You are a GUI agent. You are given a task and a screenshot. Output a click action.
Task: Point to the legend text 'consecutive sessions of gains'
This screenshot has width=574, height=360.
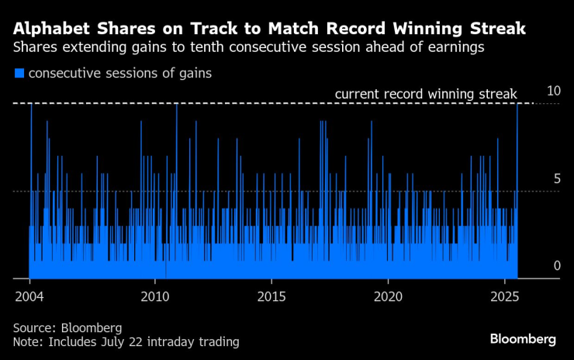point(119,74)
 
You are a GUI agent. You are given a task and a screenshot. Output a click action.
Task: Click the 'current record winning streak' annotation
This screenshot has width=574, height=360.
point(425,95)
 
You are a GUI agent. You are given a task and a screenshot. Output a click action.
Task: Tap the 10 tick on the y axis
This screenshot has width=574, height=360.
point(553,92)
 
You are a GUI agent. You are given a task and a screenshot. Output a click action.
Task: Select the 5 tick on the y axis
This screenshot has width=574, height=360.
point(556,179)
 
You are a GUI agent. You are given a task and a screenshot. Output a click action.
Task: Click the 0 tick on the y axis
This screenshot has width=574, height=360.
point(556,266)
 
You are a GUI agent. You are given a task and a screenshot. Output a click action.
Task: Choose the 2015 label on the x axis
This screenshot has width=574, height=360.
point(271,297)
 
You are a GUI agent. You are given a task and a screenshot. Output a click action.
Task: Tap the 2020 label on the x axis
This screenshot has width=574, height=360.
point(388,297)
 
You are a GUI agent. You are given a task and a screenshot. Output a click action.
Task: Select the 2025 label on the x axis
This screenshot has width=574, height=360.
point(504,297)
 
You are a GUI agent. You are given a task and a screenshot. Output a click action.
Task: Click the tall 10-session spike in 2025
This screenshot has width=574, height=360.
point(517,155)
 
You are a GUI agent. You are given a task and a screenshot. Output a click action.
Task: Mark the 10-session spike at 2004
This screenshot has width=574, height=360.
point(31,155)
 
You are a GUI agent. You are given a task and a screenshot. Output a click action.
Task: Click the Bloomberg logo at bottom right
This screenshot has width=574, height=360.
point(523,339)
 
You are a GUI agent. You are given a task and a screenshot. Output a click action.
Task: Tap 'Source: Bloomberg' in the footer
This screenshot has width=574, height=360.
point(67,327)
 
